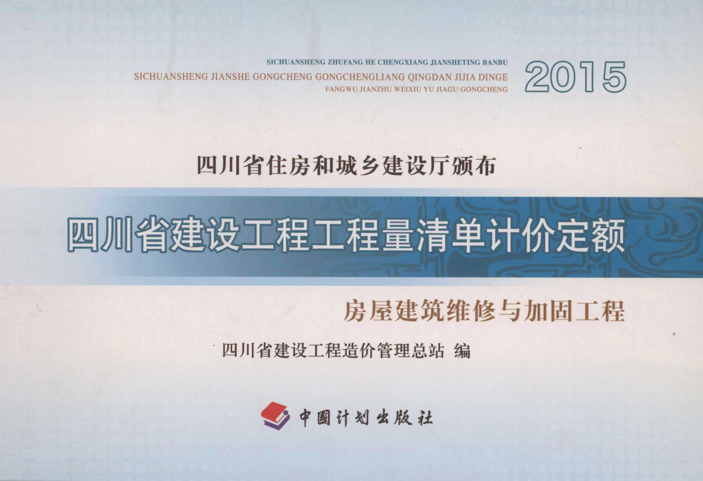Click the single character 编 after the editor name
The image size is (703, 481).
pyautogui.click(x=462, y=351)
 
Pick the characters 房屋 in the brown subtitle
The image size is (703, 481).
pyautogui.click(x=366, y=311)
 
